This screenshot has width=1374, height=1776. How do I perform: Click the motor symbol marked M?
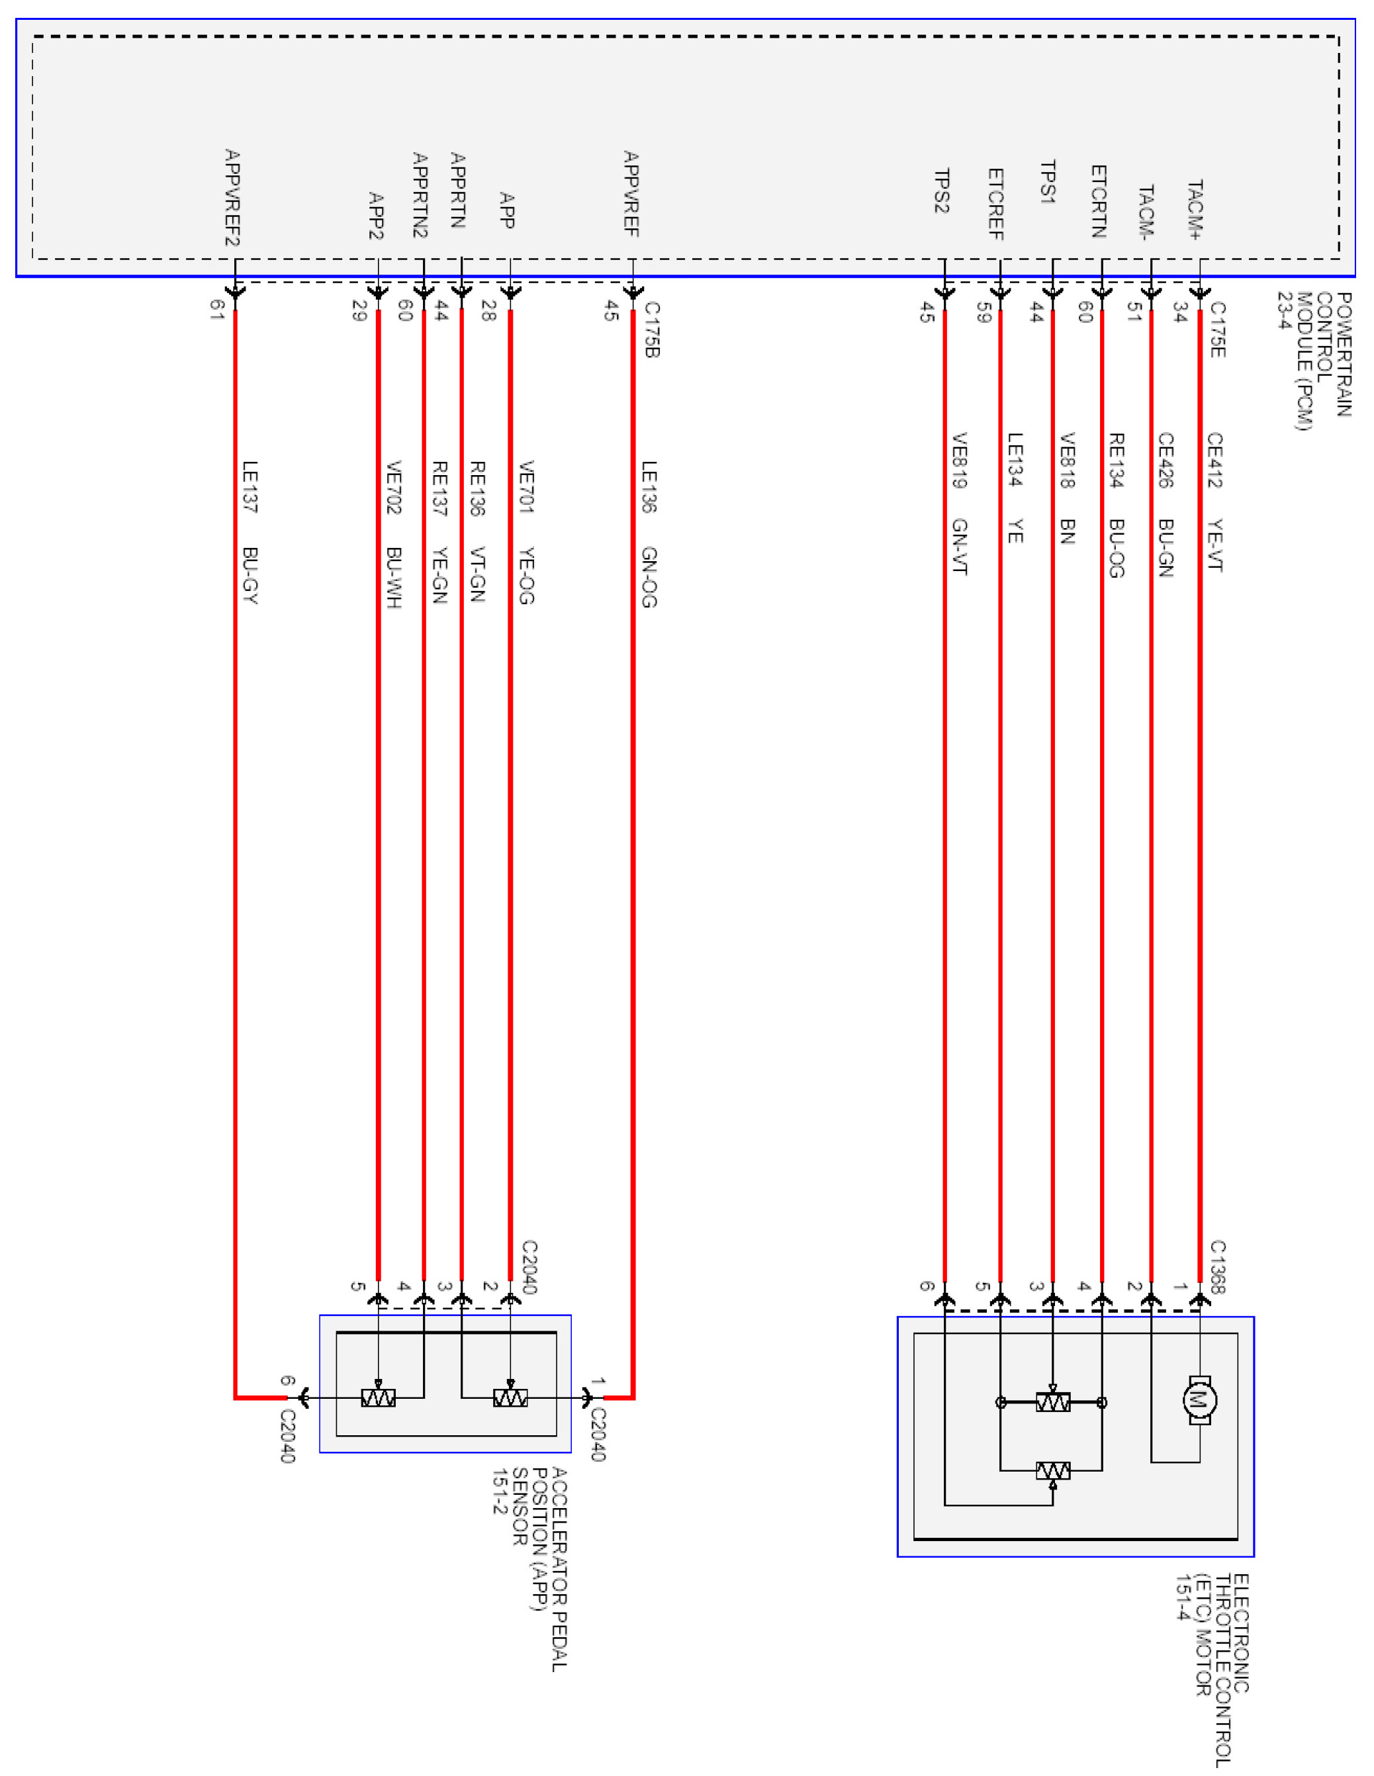pos(1199,1400)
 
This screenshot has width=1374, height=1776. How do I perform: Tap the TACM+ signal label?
pos(1194,210)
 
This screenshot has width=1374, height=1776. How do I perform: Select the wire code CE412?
pos(1214,461)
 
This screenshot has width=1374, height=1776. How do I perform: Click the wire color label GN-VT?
pos(959,547)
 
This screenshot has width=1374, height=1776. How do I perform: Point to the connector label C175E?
pos(1218,330)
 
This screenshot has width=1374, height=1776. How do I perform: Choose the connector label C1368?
pos(1218,1266)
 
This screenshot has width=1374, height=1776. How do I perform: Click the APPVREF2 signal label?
pos(232,198)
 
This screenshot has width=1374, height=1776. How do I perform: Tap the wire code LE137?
pos(250,487)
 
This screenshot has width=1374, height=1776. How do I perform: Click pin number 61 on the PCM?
pos(216,309)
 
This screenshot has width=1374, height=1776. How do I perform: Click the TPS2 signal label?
pos(941,191)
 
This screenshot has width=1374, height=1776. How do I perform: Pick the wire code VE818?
pos(1068,461)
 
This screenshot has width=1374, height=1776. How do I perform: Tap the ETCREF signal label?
pos(995,204)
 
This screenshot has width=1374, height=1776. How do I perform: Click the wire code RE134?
pos(1116,461)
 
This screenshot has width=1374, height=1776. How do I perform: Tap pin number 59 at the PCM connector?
pos(984,312)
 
